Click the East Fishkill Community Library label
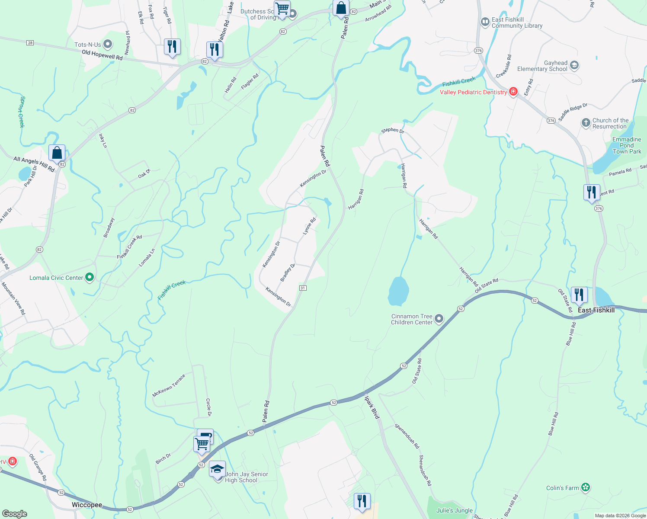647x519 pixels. [x=517, y=22]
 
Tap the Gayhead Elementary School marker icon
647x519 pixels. [x=574, y=65]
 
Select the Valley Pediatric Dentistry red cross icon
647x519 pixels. [x=513, y=92]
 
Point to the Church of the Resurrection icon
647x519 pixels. [x=586, y=123]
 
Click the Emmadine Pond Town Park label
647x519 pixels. [x=627, y=145]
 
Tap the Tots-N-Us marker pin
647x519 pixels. [x=108, y=44]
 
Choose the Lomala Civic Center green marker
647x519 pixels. [x=90, y=277]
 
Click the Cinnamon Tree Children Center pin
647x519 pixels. [x=439, y=319]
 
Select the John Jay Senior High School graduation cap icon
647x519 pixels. [x=217, y=469]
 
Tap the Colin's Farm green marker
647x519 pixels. [x=586, y=487]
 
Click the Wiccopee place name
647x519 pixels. [x=87, y=505]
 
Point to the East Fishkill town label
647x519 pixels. [x=596, y=310]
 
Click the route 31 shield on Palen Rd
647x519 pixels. [x=303, y=288]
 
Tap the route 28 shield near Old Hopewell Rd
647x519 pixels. [x=30, y=43]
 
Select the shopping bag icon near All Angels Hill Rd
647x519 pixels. [x=57, y=153]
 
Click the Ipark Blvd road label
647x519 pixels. [x=372, y=407]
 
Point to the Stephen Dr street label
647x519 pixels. [x=392, y=130]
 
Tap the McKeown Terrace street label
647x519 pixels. [x=169, y=385]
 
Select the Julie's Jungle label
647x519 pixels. [x=455, y=510]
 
